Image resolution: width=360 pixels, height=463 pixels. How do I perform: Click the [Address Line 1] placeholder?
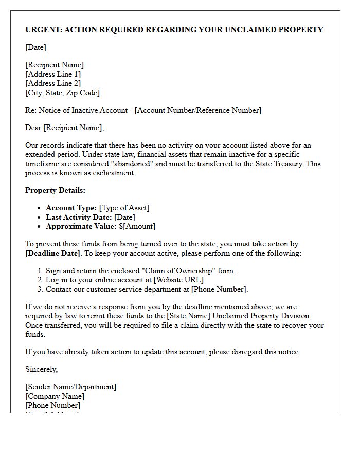(x=53, y=74)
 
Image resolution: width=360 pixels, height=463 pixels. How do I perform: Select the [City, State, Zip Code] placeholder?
(x=62, y=93)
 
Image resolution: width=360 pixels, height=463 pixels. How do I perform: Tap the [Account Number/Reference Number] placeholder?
(x=197, y=110)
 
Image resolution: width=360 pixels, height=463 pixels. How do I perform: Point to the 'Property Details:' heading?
(x=56, y=190)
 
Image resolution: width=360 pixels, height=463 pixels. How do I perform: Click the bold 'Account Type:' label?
(x=71, y=208)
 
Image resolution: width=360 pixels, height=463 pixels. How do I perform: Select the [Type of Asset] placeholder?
(x=124, y=208)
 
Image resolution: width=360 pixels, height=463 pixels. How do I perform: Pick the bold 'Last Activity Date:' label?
(x=79, y=217)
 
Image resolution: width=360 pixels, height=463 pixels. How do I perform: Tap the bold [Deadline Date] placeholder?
(x=53, y=253)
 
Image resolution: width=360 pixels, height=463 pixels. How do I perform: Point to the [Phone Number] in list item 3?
(x=219, y=289)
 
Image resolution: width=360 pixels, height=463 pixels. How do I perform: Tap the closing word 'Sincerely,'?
(x=42, y=369)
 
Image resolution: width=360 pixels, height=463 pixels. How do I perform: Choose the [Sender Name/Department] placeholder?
(x=71, y=387)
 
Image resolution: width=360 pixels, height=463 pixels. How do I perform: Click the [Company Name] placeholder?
(x=55, y=396)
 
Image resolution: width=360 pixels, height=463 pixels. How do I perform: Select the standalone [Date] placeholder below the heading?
(x=35, y=47)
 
